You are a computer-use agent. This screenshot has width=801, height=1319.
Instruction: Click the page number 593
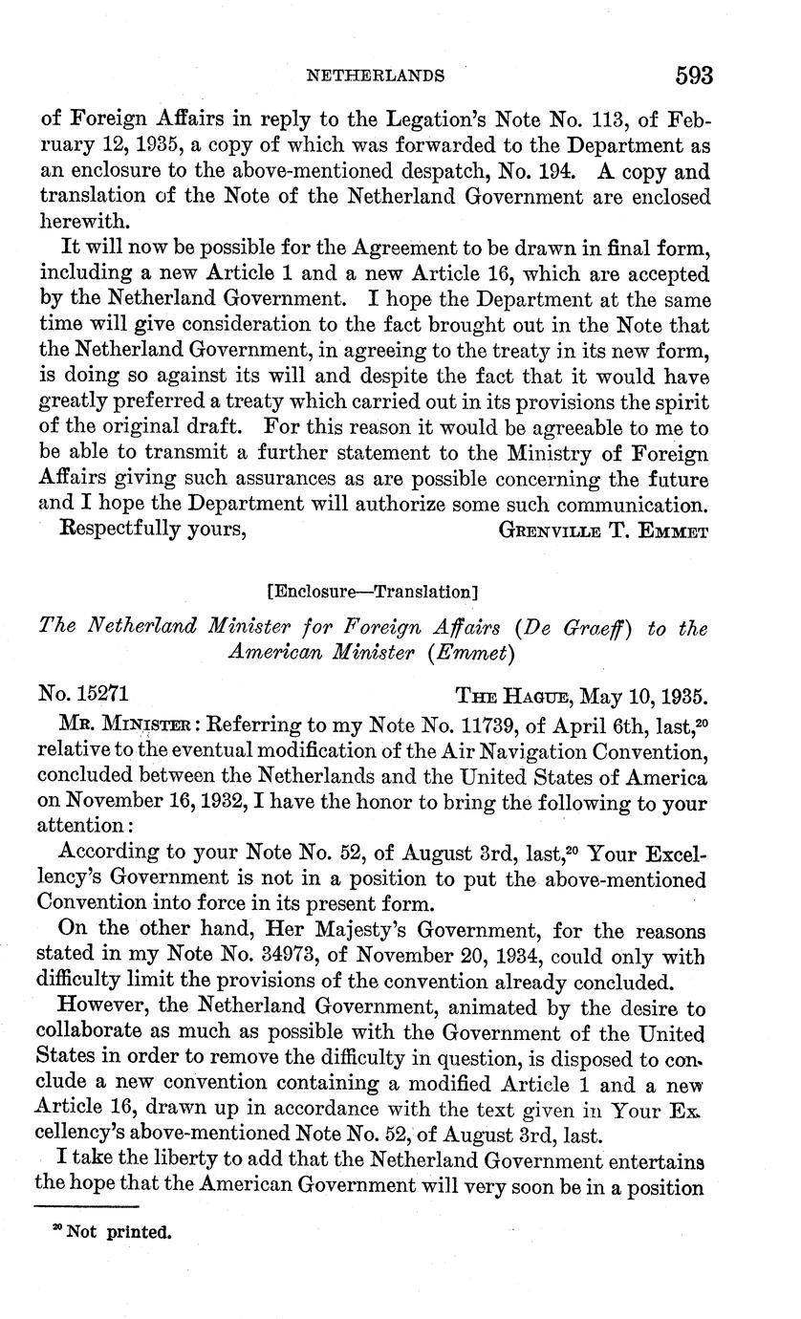[694, 74]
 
